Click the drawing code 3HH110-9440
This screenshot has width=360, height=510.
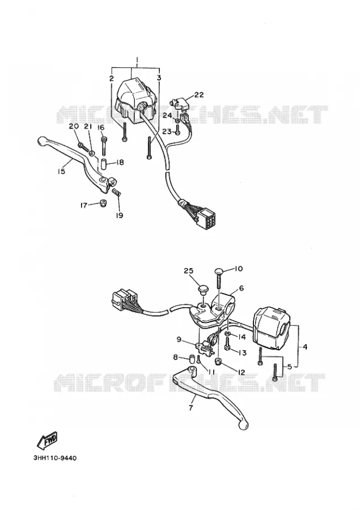tap(54, 458)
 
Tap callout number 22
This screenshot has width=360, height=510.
tap(199, 95)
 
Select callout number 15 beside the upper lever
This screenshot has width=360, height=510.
tap(62, 171)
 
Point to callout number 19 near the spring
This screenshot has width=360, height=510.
tap(120, 215)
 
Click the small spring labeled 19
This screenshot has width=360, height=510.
tap(117, 193)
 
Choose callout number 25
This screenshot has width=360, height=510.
tap(188, 271)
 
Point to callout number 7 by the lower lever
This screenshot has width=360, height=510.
tap(191, 407)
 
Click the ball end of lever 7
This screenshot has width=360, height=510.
tap(244, 423)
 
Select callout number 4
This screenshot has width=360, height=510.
tap(304, 347)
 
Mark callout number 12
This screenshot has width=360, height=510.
tap(241, 372)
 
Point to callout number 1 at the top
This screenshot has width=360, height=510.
tap(137, 60)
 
